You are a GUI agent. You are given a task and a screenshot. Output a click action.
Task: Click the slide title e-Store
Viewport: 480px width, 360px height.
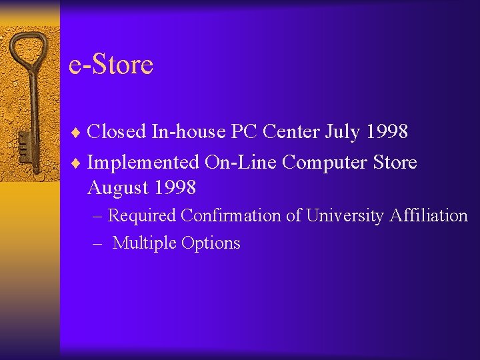(111, 65)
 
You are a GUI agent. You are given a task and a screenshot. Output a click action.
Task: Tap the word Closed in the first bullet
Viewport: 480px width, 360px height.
(117, 131)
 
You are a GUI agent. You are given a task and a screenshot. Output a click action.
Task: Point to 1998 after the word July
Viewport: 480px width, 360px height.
(387, 131)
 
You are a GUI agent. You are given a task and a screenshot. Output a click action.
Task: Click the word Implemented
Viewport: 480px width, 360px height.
(143, 162)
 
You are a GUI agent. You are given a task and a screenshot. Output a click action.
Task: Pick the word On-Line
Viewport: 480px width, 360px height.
(238, 162)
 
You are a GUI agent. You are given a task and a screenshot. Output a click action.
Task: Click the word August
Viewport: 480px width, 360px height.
(119, 189)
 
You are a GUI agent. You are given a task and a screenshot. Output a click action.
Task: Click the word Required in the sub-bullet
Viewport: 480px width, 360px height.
(142, 216)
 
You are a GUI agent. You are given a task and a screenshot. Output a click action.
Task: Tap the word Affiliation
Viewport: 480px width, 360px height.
(429, 215)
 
